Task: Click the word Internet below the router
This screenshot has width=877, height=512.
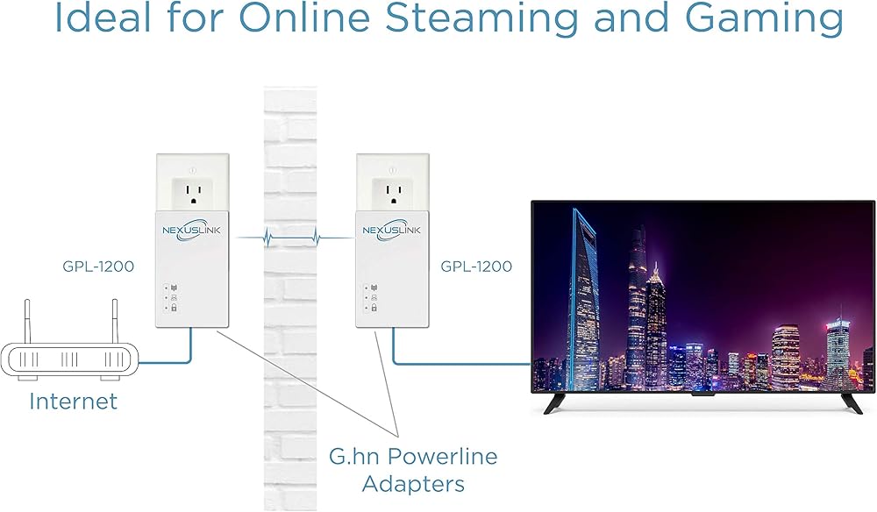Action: (73, 402)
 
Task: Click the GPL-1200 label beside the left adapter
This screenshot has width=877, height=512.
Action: (98, 266)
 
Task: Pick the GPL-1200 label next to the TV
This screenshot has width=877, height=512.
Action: (476, 266)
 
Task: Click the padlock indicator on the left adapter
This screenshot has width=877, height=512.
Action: (174, 308)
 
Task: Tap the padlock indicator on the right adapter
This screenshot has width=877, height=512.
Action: (374, 308)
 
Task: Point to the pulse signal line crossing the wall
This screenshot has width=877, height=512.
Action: (292, 236)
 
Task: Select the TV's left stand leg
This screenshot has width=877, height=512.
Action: (556, 404)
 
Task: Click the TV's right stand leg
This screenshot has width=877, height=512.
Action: (851, 404)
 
